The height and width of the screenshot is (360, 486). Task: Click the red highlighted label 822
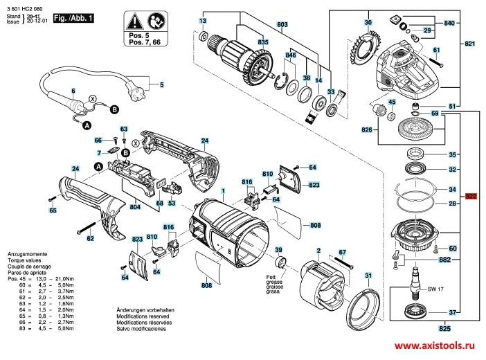click(471, 196)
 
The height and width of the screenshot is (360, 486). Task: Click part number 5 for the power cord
click(161, 86)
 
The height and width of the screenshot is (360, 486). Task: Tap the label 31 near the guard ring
click(368, 276)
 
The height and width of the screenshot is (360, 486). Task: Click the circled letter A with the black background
click(87, 125)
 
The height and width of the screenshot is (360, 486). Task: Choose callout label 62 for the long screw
click(90, 239)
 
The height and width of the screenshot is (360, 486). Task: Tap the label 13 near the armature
click(203, 21)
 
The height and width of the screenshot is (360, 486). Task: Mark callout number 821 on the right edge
click(471, 44)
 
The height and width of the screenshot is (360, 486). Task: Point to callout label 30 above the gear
click(368, 23)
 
